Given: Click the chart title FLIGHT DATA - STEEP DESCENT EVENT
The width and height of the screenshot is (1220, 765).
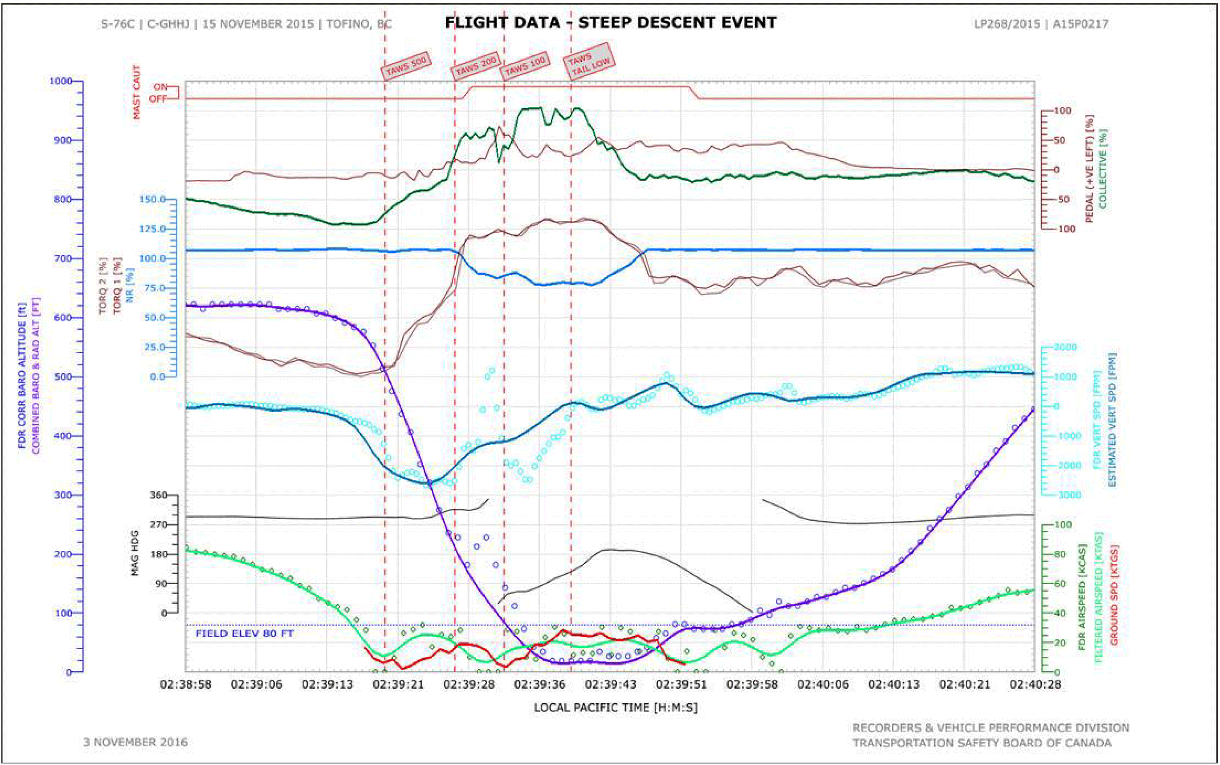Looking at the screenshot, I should tap(611, 23).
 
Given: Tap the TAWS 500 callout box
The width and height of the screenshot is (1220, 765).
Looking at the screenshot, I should tap(406, 66).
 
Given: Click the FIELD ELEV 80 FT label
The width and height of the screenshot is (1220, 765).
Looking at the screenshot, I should tap(244, 633).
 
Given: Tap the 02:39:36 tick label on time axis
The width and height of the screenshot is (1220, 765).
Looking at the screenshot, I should tap(540, 685).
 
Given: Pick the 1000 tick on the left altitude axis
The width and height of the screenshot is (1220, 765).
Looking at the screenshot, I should tap(60, 81).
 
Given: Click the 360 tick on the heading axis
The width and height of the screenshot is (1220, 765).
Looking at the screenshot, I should tap(158, 495).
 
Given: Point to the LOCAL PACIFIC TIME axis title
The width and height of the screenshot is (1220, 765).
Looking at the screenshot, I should tap(615, 707).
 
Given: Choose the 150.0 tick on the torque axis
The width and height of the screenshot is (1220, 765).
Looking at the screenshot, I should tap(152, 199).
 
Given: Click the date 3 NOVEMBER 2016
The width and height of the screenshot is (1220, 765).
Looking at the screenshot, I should tap(136, 742).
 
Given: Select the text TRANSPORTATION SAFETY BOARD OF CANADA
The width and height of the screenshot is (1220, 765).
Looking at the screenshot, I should tap(982, 743).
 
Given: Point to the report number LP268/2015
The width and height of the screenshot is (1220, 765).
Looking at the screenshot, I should tap(1007, 24).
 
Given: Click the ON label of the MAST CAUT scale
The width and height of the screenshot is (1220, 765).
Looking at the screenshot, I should tap(160, 87).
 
